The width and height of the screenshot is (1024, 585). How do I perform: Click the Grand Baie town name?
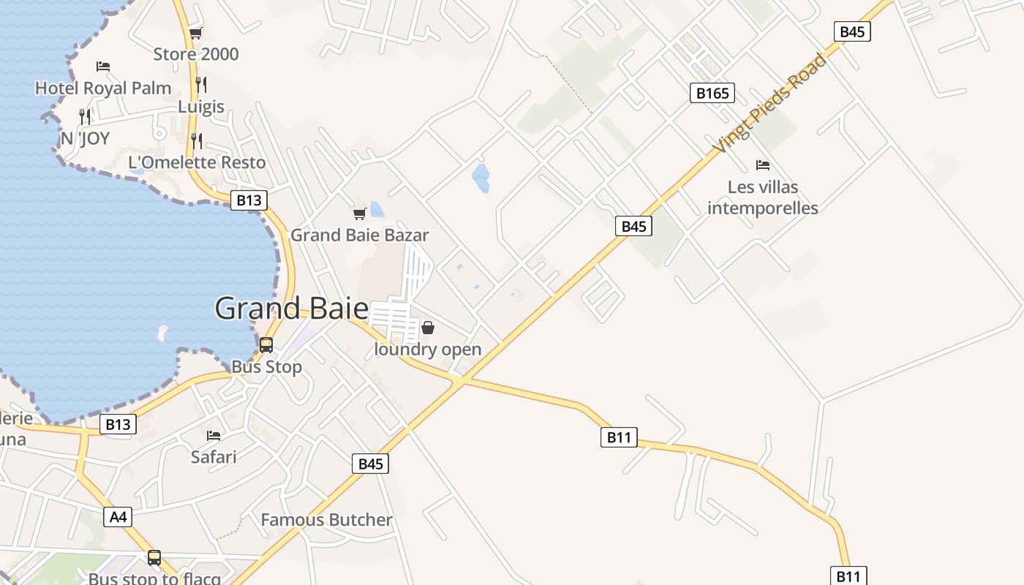(291, 308)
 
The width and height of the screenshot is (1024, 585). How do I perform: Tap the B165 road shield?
(712, 93)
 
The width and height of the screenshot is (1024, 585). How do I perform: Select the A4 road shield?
(118, 517)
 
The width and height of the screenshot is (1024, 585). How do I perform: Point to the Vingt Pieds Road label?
(769, 103)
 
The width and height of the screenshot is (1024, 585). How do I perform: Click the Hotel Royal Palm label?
(103, 88)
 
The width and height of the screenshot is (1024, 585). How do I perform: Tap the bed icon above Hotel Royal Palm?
(103, 67)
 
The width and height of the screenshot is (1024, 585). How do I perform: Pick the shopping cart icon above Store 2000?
(195, 33)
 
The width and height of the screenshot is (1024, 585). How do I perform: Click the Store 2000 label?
(195, 54)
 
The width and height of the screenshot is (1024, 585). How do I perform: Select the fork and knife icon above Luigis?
(201, 85)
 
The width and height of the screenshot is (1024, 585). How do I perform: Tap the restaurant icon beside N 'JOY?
(85, 116)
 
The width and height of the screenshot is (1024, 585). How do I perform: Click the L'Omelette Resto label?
(197, 162)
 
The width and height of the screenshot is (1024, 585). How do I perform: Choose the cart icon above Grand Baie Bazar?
(359, 214)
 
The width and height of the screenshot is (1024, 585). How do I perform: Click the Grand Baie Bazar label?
(359, 235)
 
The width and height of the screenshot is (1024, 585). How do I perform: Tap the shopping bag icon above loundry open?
(428, 328)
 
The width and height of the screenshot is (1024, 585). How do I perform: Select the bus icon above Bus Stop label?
(266, 345)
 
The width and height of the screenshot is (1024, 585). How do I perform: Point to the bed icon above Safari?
(214, 436)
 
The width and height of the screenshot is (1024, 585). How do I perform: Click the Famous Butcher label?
(326, 520)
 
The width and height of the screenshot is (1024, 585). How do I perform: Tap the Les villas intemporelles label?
(763, 197)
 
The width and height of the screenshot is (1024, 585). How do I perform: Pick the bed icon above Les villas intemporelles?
(763, 165)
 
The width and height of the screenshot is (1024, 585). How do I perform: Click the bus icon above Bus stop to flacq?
(154, 558)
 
